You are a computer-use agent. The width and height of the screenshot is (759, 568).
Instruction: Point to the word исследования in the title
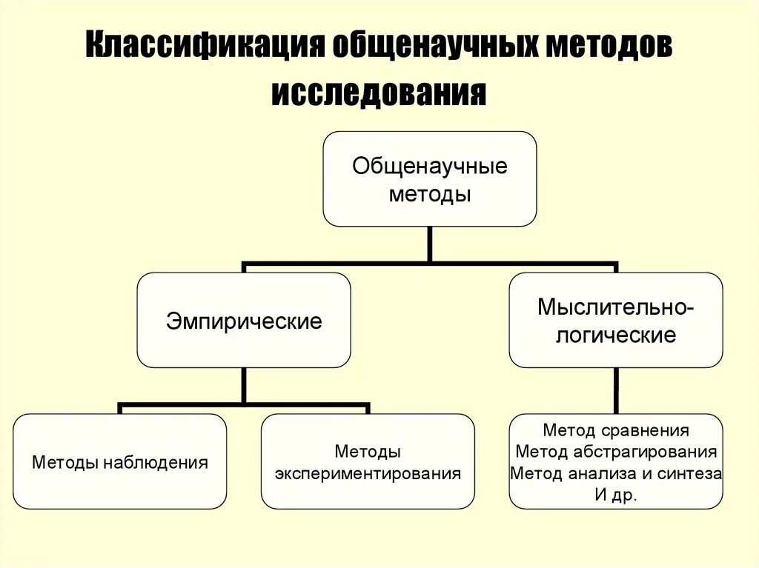click(x=379, y=93)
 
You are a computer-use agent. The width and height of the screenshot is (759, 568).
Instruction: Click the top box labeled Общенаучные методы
click(x=429, y=179)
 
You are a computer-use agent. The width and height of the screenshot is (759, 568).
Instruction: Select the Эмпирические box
click(x=244, y=321)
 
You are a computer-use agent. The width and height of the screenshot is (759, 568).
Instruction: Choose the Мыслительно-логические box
click(x=616, y=321)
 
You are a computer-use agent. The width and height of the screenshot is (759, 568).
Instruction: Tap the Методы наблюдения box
click(x=120, y=462)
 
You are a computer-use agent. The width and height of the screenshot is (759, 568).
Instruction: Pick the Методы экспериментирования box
click(x=368, y=462)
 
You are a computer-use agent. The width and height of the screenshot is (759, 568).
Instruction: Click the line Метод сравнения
click(x=616, y=430)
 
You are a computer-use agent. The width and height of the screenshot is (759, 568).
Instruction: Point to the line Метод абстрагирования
click(x=616, y=452)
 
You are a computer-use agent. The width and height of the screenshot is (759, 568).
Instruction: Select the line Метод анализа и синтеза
click(x=616, y=473)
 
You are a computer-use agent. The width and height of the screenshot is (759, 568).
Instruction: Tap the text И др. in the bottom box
click(x=616, y=495)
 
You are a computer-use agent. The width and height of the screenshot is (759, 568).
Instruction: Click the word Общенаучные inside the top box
click(x=429, y=166)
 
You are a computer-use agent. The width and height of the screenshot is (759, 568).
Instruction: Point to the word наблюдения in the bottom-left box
click(x=155, y=463)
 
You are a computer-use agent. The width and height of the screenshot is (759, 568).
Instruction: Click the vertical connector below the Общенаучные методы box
click(x=429, y=244)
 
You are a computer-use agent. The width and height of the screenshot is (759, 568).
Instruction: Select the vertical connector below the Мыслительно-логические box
click(x=616, y=390)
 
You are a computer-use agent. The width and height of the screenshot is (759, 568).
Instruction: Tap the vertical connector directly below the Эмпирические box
click(x=244, y=385)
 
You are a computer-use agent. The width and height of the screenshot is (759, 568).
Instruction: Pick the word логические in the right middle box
click(x=616, y=335)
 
